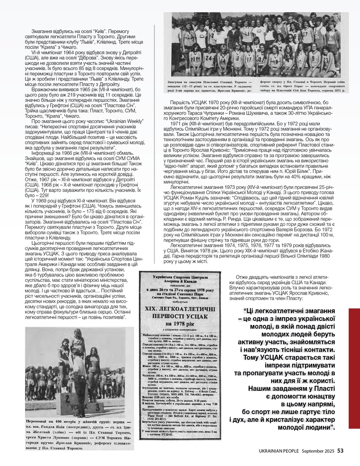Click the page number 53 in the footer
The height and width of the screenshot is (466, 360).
tap(340, 450)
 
